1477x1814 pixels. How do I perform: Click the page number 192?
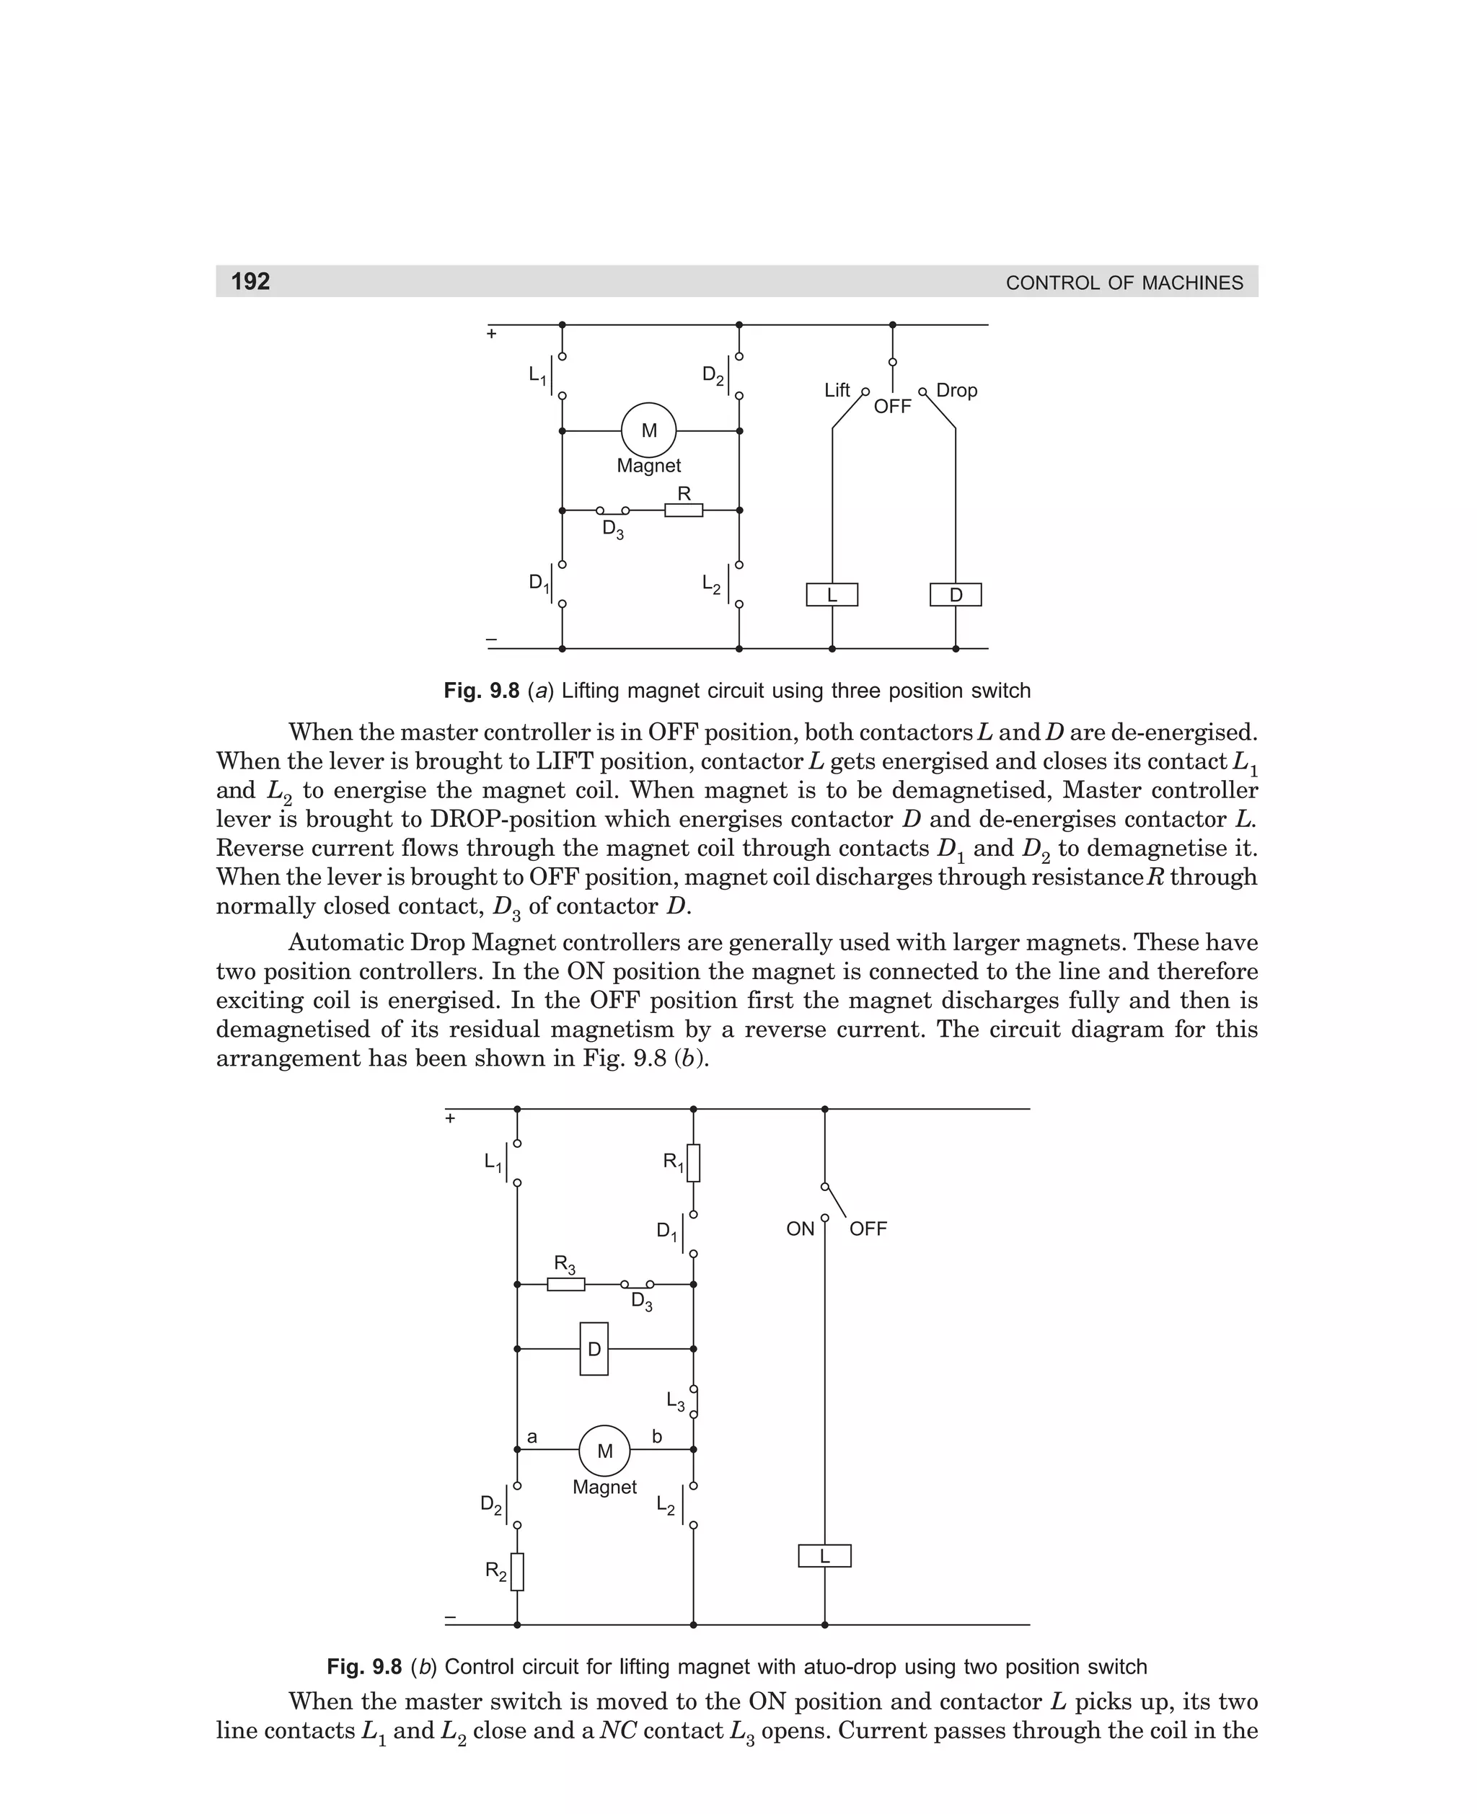coord(250,281)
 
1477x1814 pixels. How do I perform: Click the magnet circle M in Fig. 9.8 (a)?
coord(648,430)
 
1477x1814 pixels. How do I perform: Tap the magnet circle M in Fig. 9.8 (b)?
coord(604,1450)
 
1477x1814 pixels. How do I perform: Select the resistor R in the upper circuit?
coord(683,510)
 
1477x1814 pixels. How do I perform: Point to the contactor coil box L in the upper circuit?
coord(832,595)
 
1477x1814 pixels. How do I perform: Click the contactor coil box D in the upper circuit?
coord(955,595)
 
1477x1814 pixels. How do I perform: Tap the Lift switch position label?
coord(837,389)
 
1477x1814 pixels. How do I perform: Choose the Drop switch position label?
coord(956,390)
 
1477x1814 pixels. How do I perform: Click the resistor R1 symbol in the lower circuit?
coord(693,1162)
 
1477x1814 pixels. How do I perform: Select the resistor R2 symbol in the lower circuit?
coord(517,1571)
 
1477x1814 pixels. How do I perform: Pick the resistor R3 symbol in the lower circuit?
coord(566,1284)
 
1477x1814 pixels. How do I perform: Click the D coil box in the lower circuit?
coord(594,1349)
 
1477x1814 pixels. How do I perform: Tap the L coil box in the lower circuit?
coord(824,1555)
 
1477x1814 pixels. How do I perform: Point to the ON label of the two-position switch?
coord(800,1229)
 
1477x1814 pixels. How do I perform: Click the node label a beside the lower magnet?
coord(532,1437)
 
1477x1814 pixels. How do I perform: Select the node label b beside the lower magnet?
coord(657,1436)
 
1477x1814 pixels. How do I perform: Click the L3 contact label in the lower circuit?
coord(676,1401)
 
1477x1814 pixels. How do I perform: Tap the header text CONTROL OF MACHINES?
coord(1124,283)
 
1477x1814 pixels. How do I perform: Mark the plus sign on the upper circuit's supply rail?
coord(491,333)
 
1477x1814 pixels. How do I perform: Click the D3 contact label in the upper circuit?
coord(612,530)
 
